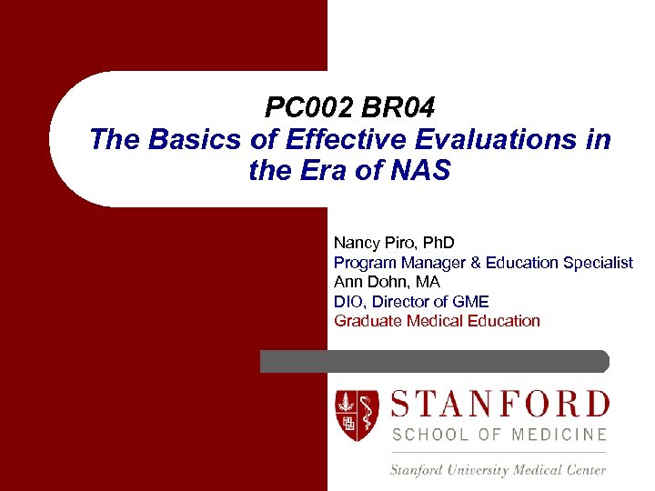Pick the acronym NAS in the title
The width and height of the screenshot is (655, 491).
[420, 170]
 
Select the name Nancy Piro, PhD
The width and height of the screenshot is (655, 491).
[394, 243]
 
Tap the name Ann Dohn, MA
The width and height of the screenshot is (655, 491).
[387, 282]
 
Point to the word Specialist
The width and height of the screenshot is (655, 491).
[598, 263]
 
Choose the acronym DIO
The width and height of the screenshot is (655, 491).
[348, 302]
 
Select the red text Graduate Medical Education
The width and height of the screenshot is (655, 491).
[437, 321]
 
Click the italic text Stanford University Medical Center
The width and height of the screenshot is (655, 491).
[498, 470]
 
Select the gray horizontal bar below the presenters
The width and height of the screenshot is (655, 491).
[435, 361]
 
